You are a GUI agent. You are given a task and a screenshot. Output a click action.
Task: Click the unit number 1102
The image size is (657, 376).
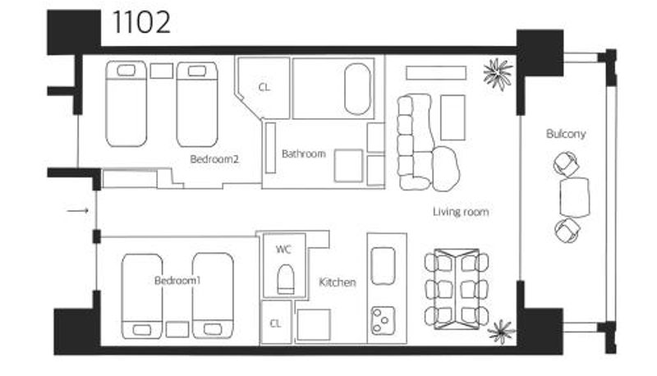coord(141,23)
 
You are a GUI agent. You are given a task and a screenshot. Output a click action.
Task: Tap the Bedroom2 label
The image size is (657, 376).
coord(214,159)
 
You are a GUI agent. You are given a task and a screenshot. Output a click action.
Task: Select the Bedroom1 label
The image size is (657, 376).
coord(177,281)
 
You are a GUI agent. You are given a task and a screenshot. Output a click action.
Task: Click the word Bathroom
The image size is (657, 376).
coord(304,154)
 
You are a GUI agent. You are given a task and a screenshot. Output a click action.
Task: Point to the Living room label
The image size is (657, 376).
coord(461,212)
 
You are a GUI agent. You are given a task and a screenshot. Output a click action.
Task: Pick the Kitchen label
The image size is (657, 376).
coord(338,282)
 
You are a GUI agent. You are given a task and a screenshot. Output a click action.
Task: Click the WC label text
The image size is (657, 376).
coord(283,250)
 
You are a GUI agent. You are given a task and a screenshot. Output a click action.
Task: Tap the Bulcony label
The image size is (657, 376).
coord(566,134)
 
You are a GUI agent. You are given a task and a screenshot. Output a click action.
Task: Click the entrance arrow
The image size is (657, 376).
coord(78,211)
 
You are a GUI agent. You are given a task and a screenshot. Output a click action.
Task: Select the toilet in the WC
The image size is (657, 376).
coord(286,279)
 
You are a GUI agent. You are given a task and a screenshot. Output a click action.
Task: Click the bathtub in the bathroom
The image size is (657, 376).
coord(357,89)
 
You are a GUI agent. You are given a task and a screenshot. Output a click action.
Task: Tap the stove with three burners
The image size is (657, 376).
coord(383,320)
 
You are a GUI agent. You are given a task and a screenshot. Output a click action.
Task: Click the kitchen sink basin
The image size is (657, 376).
coord(383,266)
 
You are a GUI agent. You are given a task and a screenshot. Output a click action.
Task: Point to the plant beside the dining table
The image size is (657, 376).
coord(502,331)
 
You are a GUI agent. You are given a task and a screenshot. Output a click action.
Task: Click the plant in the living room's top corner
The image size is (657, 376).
coord(498,74)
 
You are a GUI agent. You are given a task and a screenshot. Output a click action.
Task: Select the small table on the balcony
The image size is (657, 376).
coord(574,197)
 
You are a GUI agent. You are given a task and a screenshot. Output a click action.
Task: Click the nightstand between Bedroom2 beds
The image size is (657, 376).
coord(162,71)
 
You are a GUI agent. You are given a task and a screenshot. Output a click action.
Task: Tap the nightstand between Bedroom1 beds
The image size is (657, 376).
coord(177,329)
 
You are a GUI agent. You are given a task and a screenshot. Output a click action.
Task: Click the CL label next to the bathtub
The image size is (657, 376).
coord(264,88)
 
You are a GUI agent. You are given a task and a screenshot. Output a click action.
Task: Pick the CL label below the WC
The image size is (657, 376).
coord(275,323)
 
